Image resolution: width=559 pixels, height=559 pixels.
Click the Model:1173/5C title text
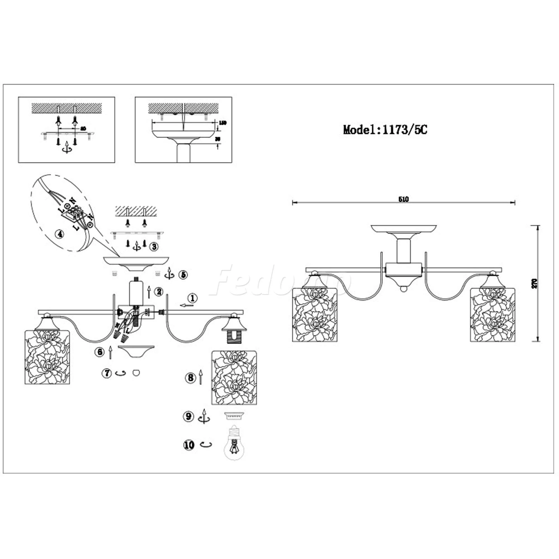(x=385, y=130)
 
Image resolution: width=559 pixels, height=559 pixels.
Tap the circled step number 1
(x=193, y=298)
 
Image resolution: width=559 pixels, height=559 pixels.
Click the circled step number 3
(x=154, y=247)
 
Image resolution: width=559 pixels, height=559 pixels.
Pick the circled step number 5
(x=183, y=274)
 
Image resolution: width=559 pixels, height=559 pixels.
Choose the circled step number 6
(x=99, y=352)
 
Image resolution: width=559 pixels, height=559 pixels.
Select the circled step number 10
(x=189, y=445)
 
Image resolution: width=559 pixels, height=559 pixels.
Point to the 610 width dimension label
(x=403, y=199)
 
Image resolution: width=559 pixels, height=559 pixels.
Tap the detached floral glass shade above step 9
(x=235, y=377)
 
